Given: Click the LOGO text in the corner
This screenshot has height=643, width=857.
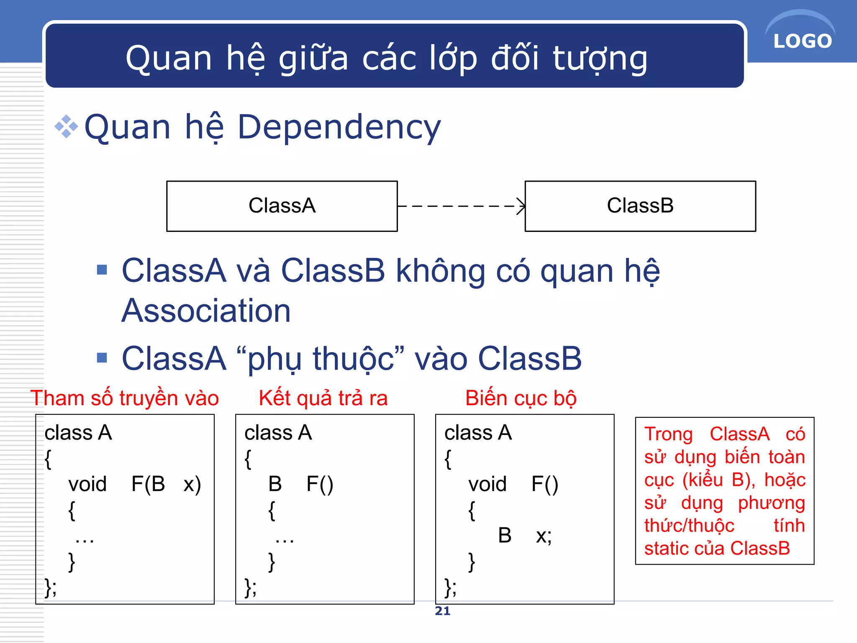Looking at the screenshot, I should pyautogui.click(x=802, y=41).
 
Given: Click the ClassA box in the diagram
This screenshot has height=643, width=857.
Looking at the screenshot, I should pyautogui.click(x=282, y=206).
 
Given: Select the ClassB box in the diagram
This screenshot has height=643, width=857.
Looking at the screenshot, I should pyautogui.click(x=640, y=206).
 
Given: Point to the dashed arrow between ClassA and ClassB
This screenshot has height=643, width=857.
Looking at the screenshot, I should pyautogui.click(x=460, y=206).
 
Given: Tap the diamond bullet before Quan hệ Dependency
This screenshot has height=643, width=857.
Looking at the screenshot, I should pyautogui.click(x=66, y=126).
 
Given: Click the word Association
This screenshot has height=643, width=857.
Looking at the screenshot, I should pyautogui.click(x=206, y=311).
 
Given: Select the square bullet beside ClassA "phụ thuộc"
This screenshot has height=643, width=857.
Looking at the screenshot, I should pyautogui.click(x=102, y=358).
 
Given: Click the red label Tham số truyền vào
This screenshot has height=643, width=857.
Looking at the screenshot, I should pyautogui.click(x=125, y=398).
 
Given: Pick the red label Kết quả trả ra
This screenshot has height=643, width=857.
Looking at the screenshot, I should pyautogui.click(x=323, y=398).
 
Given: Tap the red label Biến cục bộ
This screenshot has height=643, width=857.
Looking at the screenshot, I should pyautogui.click(x=521, y=398).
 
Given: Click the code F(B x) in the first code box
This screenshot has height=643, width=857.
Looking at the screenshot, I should pyautogui.click(x=166, y=484).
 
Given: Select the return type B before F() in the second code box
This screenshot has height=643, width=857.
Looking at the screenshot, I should pyautogui.click(x=275, y=484).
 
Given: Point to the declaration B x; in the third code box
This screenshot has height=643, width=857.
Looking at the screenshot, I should pyautogui.click(x=525, y=535).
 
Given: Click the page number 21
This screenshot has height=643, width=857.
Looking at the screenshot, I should pyautogui.click(x=442, y=611).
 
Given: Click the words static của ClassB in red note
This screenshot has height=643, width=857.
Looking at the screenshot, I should pyautogui.click(x=717, y=548).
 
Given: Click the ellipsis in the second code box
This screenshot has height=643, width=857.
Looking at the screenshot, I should pyautogui.click(x=285, y=540).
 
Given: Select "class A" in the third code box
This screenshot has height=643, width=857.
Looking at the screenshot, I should pyautogui.click(x=478, y=432).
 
